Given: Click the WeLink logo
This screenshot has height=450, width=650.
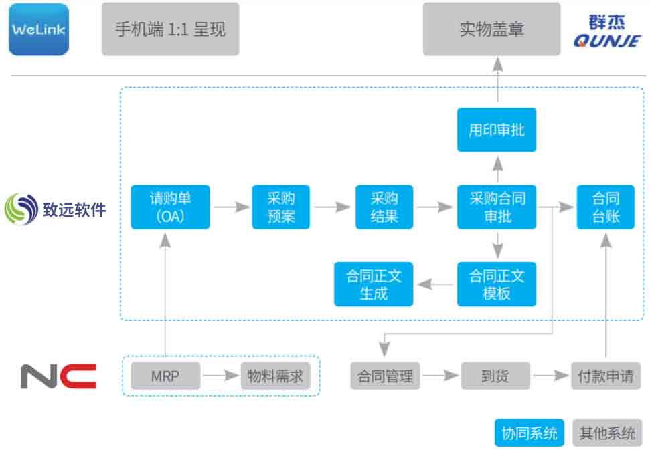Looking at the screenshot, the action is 39,29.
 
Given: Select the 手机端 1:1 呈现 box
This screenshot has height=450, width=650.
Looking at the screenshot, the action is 171,29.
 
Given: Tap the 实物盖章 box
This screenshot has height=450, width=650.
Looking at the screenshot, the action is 491,29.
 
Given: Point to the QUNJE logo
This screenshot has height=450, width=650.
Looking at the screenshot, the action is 607,31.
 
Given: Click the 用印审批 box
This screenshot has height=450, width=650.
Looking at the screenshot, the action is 497,130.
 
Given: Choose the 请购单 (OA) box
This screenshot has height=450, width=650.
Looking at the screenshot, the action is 171,207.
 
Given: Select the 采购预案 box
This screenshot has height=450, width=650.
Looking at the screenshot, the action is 281,207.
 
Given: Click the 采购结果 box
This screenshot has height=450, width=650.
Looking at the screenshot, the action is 384,207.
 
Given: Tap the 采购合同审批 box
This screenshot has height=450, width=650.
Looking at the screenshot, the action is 497,207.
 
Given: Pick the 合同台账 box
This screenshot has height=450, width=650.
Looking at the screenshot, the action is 606,207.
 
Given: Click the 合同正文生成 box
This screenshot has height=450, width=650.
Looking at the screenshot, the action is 374,284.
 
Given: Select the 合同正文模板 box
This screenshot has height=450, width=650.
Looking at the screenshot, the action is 497,284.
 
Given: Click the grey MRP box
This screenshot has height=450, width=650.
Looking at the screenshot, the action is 165,376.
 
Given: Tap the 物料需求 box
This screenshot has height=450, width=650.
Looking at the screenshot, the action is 276,376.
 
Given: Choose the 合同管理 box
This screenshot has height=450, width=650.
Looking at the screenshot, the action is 385,376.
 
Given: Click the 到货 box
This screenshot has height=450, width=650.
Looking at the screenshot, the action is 495,376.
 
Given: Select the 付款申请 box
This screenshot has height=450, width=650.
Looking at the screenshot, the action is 606,376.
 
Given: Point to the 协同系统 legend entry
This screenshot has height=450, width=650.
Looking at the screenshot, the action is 530,433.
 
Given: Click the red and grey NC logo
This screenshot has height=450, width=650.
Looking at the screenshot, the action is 58,376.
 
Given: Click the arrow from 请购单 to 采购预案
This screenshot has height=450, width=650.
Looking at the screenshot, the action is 232,207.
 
